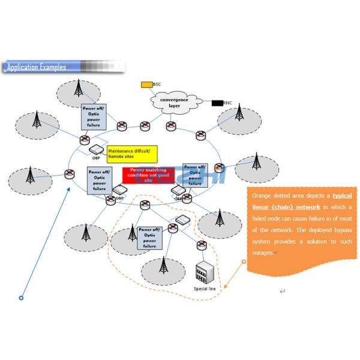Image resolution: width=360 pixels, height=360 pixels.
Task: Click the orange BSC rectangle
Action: point(146,85)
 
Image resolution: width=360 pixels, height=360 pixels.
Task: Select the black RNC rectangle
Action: point(217,103)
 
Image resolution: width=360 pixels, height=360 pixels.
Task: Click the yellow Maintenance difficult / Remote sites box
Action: point(132,154)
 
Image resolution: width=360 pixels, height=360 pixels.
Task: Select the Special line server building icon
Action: point(206,272)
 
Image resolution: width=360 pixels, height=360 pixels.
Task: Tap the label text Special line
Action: point(205,289)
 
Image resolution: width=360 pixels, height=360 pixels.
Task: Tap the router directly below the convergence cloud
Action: point(170,126)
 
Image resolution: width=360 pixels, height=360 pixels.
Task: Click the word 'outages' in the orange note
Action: point(263,253)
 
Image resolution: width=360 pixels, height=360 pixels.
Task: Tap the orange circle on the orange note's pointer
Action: point(244,262)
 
